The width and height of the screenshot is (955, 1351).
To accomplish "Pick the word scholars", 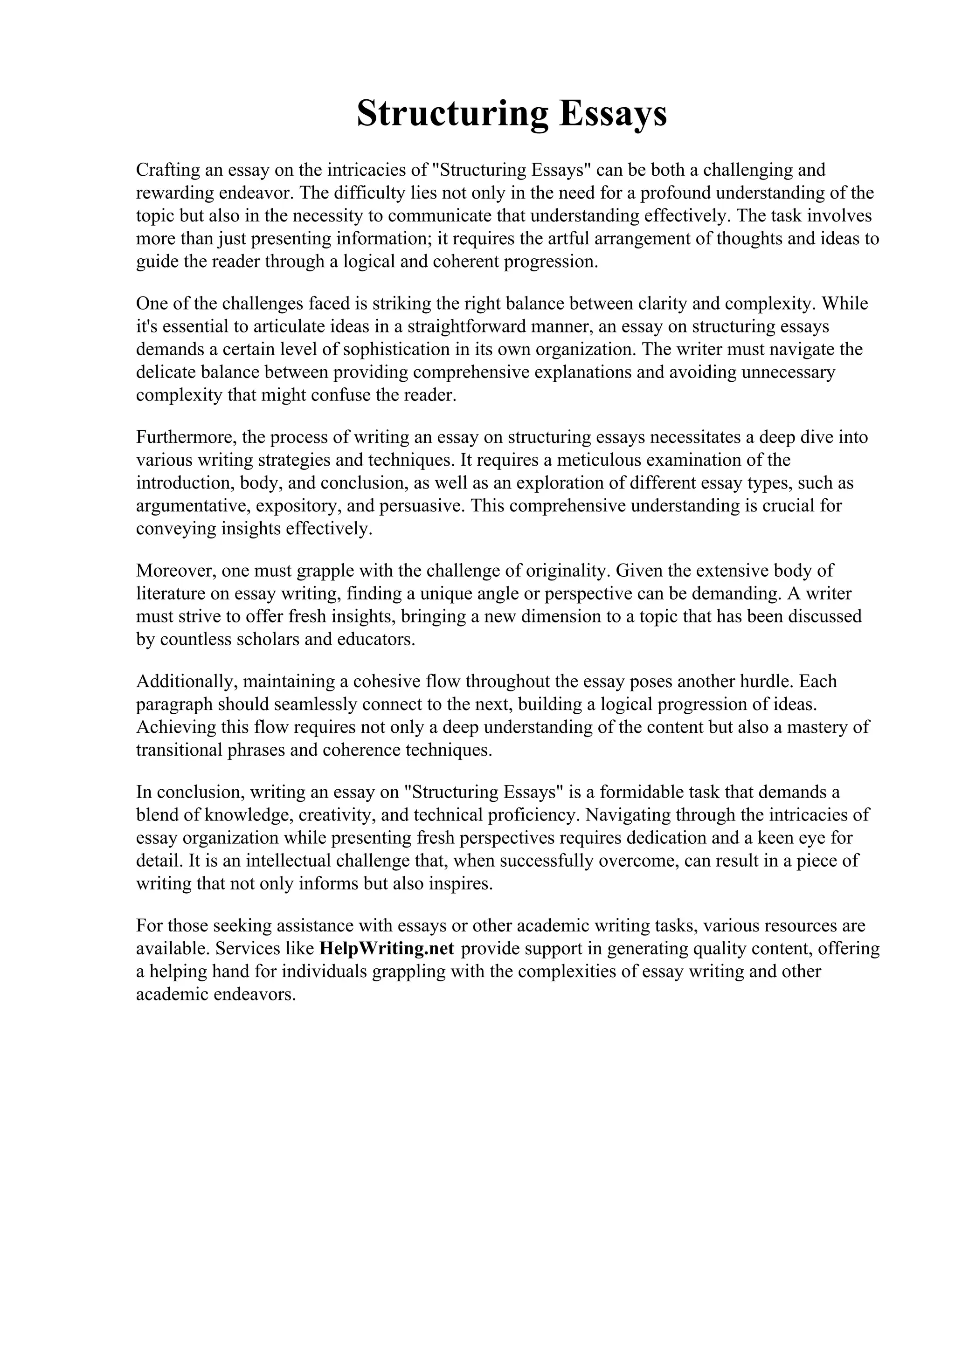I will pyautogui.click(x=267, y=640).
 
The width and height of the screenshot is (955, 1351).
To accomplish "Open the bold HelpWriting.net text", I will pyautogui.click(x=387, y=949).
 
